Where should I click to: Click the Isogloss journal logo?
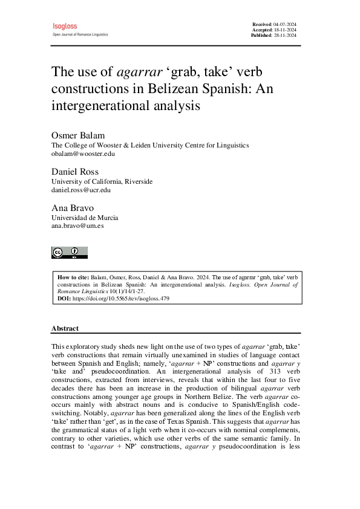tap(65, 27)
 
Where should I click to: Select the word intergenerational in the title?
tap(99, 106)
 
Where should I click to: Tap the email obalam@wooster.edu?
tap(83, 154)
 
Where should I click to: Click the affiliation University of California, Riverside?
tap(102, 181)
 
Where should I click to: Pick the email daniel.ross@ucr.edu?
tap(81, 190)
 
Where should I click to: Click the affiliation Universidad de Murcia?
tap(85, 218)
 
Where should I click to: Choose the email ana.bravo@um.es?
tap(77, 226)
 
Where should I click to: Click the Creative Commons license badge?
tap(70, 252)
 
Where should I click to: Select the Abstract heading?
tap(65, 328)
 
